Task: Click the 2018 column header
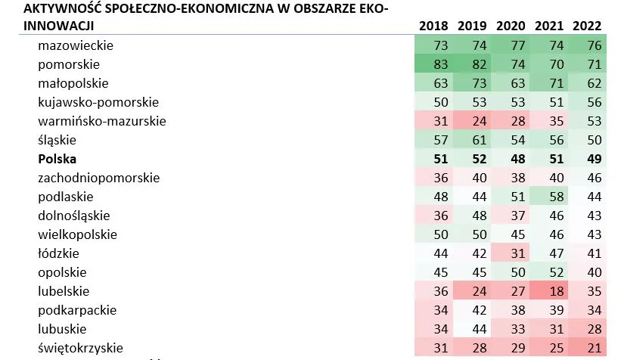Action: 433,26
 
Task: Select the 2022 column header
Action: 587,26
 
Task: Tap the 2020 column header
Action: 511,26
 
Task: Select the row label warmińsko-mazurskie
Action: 101,121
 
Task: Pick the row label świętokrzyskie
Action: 81,348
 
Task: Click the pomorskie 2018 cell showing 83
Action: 433,64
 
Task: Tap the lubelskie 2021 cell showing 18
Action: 549,291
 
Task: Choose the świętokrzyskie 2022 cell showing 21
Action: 587,348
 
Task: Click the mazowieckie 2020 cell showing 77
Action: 511,45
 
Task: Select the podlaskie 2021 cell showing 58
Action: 549,197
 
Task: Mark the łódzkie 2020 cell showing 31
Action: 511,253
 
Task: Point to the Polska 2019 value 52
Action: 472,159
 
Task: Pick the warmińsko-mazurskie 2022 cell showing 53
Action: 587,121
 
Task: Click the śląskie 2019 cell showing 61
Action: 472,140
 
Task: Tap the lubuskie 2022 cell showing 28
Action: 587,329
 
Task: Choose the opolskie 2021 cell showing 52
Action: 549,272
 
